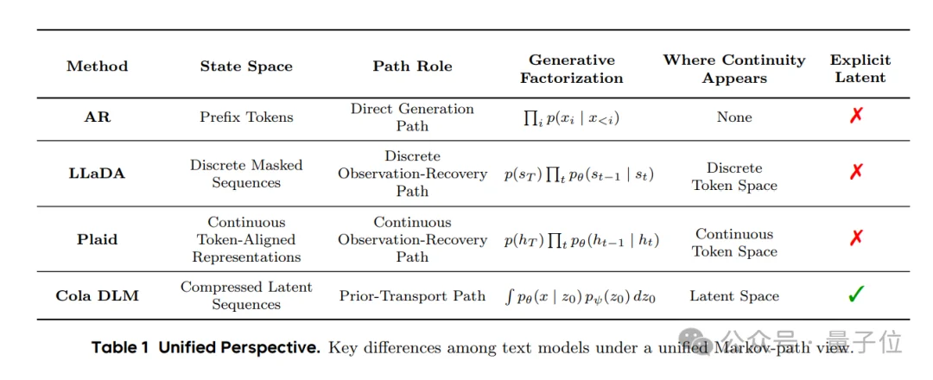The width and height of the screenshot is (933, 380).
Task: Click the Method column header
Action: click(97, 66)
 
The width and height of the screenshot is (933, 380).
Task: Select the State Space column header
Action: click(246, 66)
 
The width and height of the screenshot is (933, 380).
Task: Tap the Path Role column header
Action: click(412, 66)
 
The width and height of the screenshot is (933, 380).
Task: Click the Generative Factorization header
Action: click(572, 69)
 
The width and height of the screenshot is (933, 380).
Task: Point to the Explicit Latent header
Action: click(860, 69)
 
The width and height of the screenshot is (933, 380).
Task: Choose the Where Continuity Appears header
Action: click(734, 69)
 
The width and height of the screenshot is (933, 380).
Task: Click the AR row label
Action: click(97, 117)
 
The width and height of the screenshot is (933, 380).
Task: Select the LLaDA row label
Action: click(97, 174)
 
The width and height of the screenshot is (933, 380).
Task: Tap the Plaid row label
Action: click(97, 239)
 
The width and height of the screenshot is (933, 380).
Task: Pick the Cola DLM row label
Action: click(97, 295)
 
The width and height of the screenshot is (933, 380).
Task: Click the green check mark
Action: click(856, 294)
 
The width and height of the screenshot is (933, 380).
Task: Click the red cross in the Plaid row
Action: click(856, 238)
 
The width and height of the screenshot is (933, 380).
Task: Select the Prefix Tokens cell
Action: click(246, 117)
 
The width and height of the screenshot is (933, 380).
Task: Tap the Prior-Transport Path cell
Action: click(412, 295)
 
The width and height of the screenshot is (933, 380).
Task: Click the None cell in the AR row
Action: click(734, 117)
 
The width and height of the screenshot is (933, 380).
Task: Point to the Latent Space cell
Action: click(734, 295)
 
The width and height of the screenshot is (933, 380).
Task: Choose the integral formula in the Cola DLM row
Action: click(581, 296)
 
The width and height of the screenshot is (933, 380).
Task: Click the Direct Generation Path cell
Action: click(412, 117)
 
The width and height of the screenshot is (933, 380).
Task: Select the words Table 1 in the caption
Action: click(119, 348)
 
